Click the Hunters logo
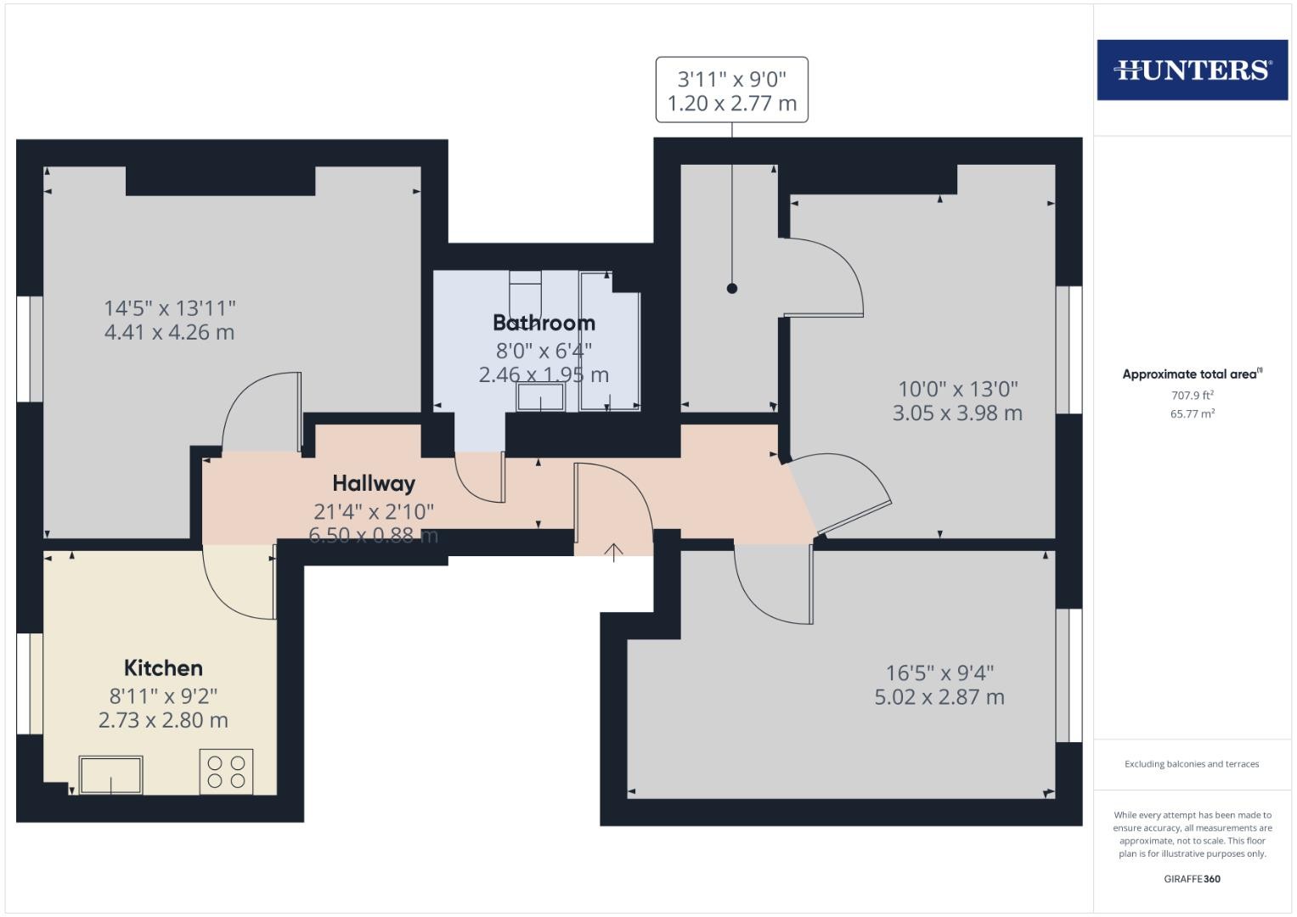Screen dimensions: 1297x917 tap(1193, 70)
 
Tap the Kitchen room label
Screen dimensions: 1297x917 tap(163, 668)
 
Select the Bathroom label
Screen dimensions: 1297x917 tap(544, 323)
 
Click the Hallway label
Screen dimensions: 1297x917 tap(374, 483)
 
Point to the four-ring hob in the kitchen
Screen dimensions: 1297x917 tap(227, 772)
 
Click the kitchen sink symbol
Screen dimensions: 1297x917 tap(110, 774)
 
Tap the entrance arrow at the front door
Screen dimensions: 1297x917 tap(613, 552)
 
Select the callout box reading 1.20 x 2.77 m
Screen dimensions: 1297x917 tap(732, 90)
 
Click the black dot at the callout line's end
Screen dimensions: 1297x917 tap(732, 289)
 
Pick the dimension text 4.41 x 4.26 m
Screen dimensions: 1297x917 tap(169, 332)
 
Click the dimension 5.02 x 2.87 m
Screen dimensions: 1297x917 tap(939, 697)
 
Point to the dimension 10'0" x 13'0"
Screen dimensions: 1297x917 tap(958, 389)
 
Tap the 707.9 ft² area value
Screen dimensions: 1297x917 tap(1193, 396)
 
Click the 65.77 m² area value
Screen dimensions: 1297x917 tap(1193, 414)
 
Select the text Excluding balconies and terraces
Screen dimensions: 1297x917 tap(1192, 764)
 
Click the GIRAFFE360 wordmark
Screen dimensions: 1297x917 tap(1193, 879)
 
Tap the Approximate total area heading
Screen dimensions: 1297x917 tap(1193, 374)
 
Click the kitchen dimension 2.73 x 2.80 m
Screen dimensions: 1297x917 tap(163, 720)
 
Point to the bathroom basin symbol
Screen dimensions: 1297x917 tap(540, 397)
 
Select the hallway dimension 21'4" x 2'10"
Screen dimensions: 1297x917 tap(374, 512)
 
